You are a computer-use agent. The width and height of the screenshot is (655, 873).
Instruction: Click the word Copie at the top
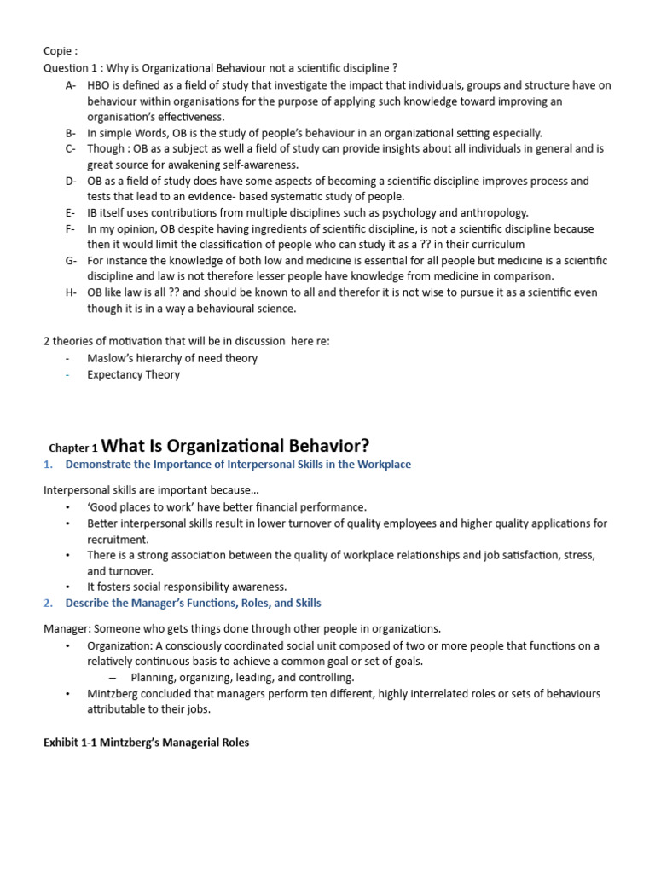coord(59,51)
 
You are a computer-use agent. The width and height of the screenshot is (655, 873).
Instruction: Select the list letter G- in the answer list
coord(71,261)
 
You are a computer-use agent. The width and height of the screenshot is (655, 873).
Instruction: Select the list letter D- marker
coord(71,181)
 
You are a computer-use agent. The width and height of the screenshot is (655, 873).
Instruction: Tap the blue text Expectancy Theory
coord(133,374)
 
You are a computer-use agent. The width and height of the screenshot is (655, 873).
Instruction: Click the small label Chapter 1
coord(73,448)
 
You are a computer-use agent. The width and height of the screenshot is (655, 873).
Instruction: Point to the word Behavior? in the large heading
coord(327,446)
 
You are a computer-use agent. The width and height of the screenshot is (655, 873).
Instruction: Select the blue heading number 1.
coord(48,465)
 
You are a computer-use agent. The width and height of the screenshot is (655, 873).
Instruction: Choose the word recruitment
coord(118,540)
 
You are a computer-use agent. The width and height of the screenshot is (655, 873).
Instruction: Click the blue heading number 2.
coord(48,603)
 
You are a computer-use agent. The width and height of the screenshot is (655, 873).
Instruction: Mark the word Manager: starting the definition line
coord(67,629)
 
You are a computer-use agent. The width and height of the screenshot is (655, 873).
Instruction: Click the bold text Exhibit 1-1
coord(71,743)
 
